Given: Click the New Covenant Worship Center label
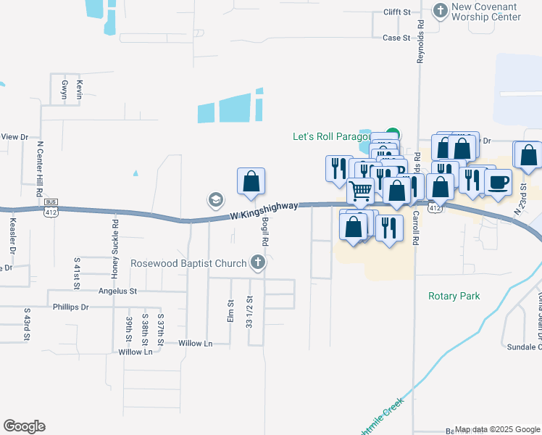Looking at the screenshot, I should coord(485,12).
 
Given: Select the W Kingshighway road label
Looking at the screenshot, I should coord(264,211).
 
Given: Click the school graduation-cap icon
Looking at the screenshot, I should coord(215,199).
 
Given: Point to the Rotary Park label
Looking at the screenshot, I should coord(454,296).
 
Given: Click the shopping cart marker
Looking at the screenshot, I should coord(360,191).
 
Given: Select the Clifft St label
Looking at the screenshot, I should coord(396,12).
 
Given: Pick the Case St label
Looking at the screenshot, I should coord(396,38).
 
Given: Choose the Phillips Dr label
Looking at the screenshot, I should coord(71,307).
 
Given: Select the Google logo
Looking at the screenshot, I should coord(24,426).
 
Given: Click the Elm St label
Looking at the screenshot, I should coord(231,312).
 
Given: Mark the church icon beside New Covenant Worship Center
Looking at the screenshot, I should coord(440,10).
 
